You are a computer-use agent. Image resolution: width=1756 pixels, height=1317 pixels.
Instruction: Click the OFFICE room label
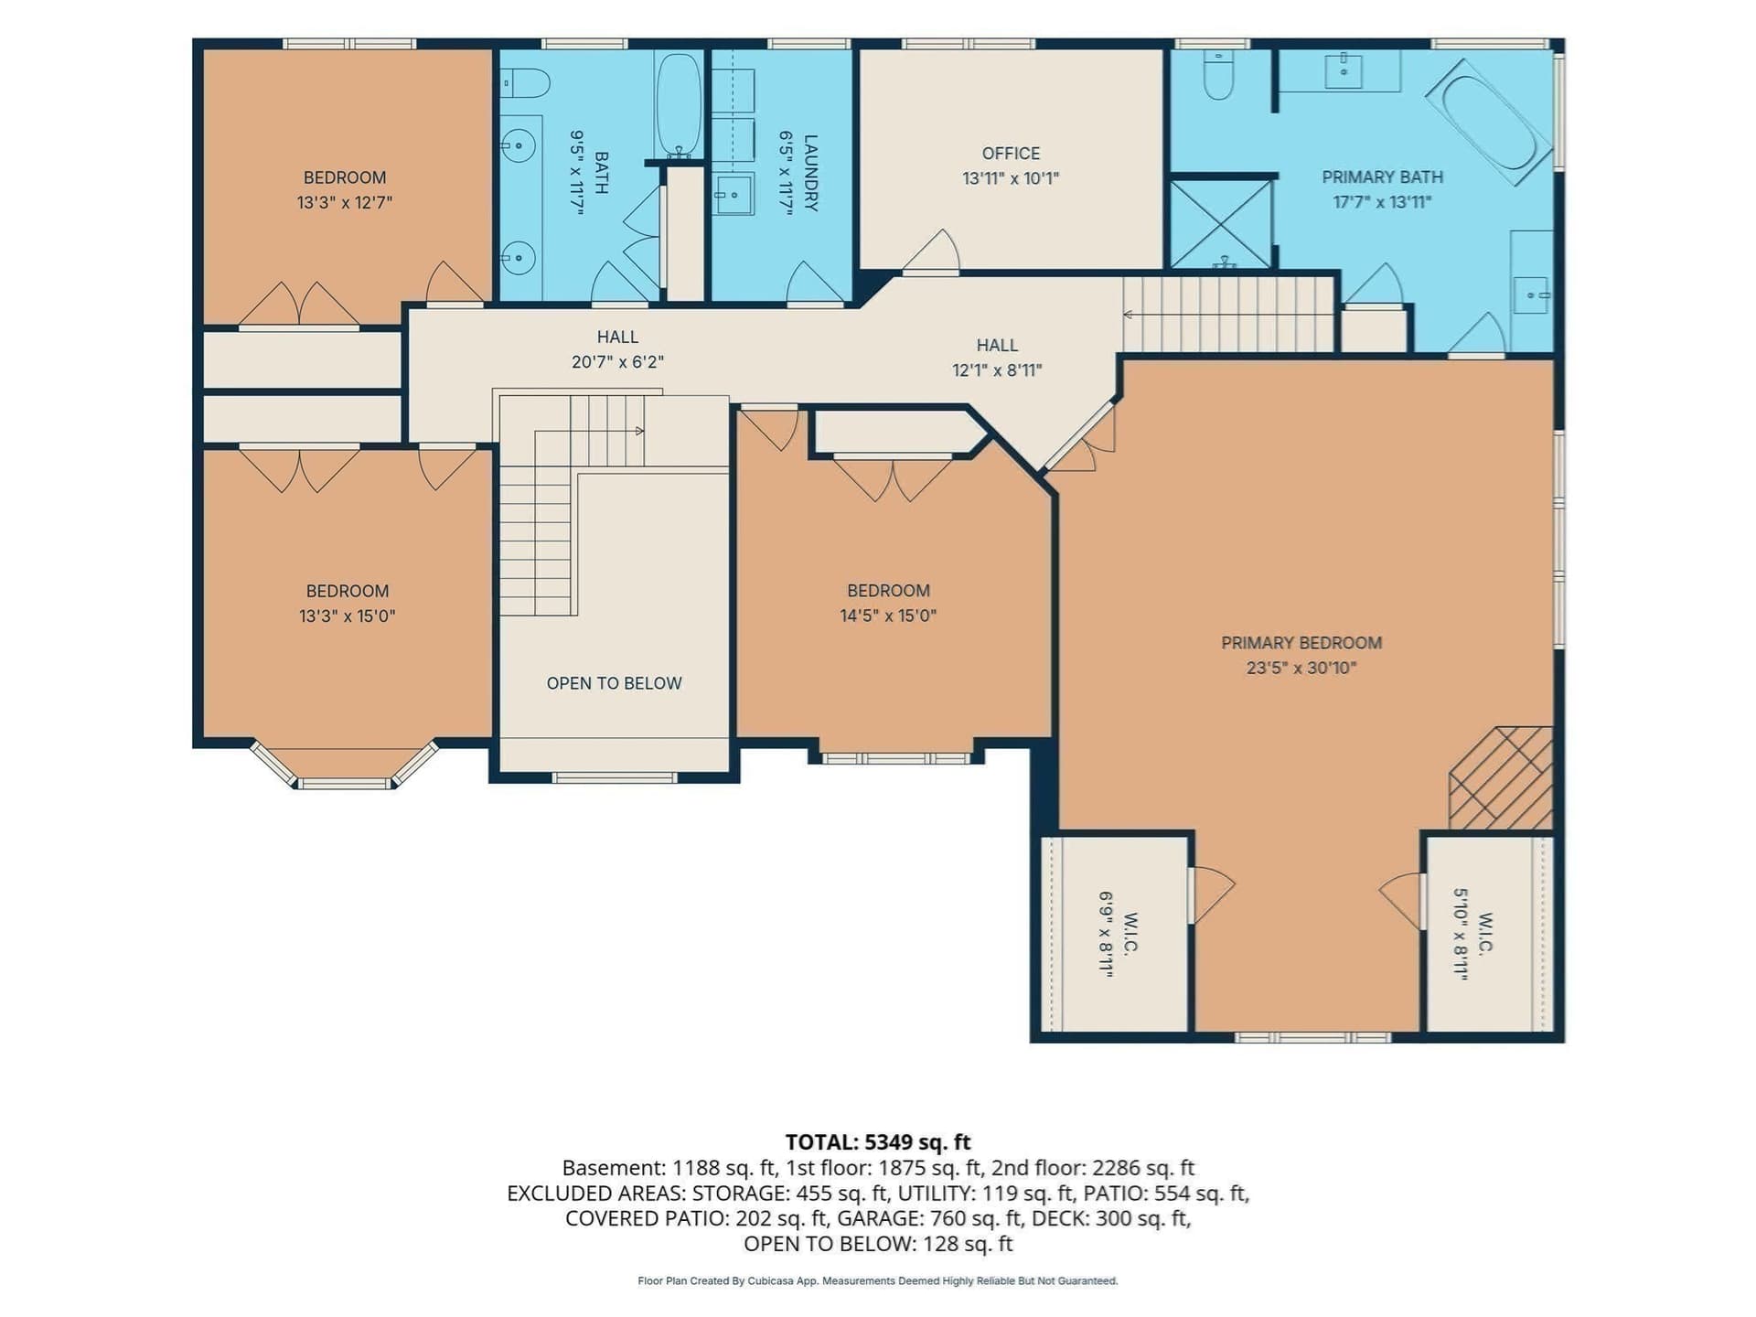pyautogui.click(x=1011, y=154)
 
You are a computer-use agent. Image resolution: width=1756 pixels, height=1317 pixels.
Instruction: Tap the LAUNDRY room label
pyautogui.click(x=810, y=173)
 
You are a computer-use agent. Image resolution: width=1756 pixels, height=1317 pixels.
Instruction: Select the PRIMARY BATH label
pyautogui.click(x=1382, y=177)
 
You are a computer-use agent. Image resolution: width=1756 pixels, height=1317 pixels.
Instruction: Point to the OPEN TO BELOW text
pyautogui.click(x=614, y=683)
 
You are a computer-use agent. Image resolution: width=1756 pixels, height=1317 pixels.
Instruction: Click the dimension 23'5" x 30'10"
pyautogui.click(x=1301, y=668)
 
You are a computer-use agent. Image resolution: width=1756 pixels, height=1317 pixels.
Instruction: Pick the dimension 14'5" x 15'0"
pyautogui.click(x=888, y=616)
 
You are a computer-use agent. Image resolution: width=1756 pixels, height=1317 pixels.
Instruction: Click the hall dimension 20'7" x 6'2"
pyautogui.click(x=617, y=362)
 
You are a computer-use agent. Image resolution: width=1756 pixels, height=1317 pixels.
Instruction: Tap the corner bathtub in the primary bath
pyautogui.click(x=1491, y=123)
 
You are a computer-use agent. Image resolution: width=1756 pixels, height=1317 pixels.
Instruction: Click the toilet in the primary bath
pyautogui.click(x=1218, y=74)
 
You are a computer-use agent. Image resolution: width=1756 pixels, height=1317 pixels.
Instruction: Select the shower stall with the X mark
pyautogui.click(x=1221, y=225)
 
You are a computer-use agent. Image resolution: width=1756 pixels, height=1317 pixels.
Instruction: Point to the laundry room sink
pyautogui.click(x=733, y=195)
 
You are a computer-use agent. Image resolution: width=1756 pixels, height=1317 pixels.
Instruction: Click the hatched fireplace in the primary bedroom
pyautogui.click(x=1502, y=778)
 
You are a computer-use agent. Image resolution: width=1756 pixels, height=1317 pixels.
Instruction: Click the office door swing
pyautogui.click(x=931, y=252)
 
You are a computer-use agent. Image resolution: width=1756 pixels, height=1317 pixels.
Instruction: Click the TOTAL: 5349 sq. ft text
pyautogui.click(x=878, y=1142)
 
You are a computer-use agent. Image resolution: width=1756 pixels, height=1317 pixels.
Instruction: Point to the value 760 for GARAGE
pyautogui.click(x=948, y=1218)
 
